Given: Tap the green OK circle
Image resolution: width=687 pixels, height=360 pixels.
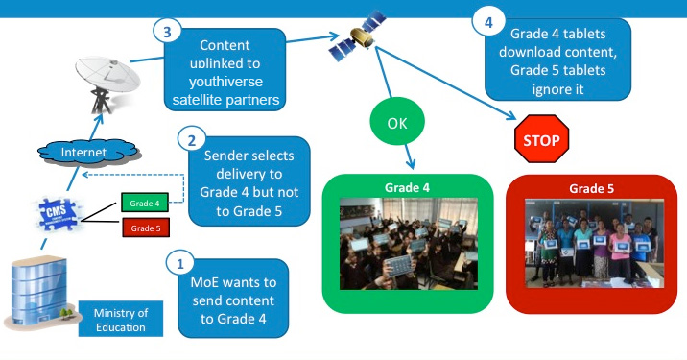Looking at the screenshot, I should (x=396, y=125).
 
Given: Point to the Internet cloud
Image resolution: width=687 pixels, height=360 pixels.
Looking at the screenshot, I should (x=83, y=152).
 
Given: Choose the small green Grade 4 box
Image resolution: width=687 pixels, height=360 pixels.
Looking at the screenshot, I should (x=145, y=203).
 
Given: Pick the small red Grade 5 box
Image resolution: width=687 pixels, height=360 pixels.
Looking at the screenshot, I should (x=145, y=228).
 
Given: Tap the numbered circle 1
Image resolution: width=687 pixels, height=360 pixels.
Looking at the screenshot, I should (x=178, y=261).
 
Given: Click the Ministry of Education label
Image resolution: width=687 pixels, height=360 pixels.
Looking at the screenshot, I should (x=122, y=320).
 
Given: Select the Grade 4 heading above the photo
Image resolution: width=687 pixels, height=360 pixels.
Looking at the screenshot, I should (x=407, y=186).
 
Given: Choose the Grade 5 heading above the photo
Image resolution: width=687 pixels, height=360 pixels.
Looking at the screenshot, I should (x=583, y=187).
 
